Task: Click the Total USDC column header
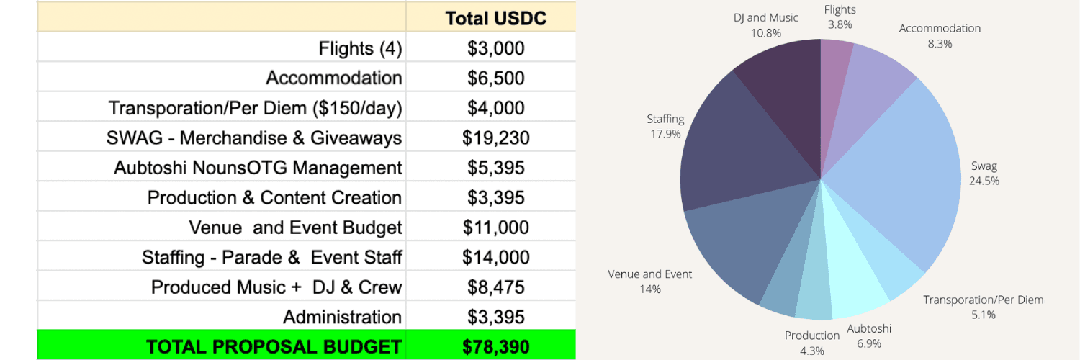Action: (x=495, y=18)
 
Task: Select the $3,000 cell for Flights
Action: (x=495, y=48)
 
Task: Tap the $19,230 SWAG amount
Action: (x=495, y=138)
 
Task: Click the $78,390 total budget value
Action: (x=495, y=347)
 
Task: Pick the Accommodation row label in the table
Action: (x=333, y=78)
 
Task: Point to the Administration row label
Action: (x=342, y=317)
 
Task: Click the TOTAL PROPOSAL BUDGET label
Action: (x=274, y=347)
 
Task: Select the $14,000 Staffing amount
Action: (x=495, y=257)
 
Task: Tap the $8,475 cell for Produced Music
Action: (x=495, y=287)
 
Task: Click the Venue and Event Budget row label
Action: (x=295, y=228)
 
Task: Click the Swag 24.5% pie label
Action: (x=984, y=174)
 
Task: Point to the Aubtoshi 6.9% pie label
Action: (x=869, y=336)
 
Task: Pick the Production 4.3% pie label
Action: (x=811, y=343)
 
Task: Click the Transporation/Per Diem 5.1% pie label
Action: (x=983, y=307)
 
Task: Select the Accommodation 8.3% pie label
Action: (x=940, y=35)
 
